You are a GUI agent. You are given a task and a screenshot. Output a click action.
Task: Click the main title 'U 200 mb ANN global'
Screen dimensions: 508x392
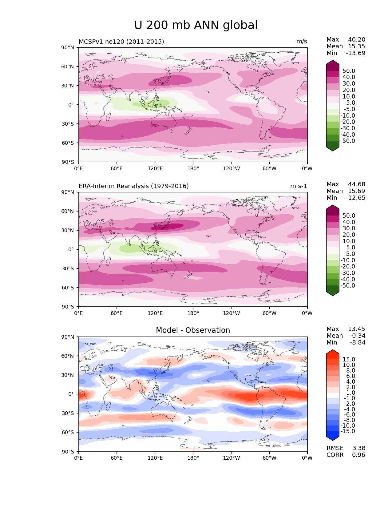pos(196,25)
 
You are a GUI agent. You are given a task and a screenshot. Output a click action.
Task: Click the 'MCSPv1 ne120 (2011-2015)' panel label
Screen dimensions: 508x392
pos(121,42)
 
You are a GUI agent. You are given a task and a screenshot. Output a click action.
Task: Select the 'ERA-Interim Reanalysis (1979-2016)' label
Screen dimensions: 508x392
pos(134,186)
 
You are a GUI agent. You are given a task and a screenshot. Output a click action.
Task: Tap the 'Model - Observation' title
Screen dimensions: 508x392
pos(193,330)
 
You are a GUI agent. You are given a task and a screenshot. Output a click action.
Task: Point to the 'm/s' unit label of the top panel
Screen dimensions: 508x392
pos(302,42)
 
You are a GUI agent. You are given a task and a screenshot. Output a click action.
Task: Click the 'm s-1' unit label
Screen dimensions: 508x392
pos(299,186)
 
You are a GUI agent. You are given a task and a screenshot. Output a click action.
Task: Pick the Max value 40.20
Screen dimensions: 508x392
pos(357,40)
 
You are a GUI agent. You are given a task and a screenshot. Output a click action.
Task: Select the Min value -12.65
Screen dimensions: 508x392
pos(356,198)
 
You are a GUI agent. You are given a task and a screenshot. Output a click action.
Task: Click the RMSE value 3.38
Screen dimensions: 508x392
pos(358,448)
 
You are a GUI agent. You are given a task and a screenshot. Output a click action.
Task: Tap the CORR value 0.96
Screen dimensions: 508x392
pos(358,455)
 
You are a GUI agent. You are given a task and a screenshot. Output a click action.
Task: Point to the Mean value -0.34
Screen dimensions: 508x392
pos(358,336)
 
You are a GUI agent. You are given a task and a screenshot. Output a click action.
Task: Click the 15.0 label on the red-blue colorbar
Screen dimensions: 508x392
pos(349,360)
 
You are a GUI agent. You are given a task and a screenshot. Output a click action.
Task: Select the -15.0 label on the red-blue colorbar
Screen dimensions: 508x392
pos(348,431)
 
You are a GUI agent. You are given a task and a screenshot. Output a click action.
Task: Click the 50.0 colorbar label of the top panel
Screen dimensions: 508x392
pos(349,71)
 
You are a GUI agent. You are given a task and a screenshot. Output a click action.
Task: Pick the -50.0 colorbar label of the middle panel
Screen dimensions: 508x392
pos(348,286)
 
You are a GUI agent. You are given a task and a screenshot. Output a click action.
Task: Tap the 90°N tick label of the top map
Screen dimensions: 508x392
pos(68,48)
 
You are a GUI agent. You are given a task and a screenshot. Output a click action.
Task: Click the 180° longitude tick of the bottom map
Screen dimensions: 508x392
pos(193,458)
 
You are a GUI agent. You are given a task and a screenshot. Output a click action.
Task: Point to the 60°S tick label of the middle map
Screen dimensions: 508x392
pos(68,288)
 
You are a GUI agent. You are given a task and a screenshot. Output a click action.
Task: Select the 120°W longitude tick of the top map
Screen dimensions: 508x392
pos(231,169)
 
